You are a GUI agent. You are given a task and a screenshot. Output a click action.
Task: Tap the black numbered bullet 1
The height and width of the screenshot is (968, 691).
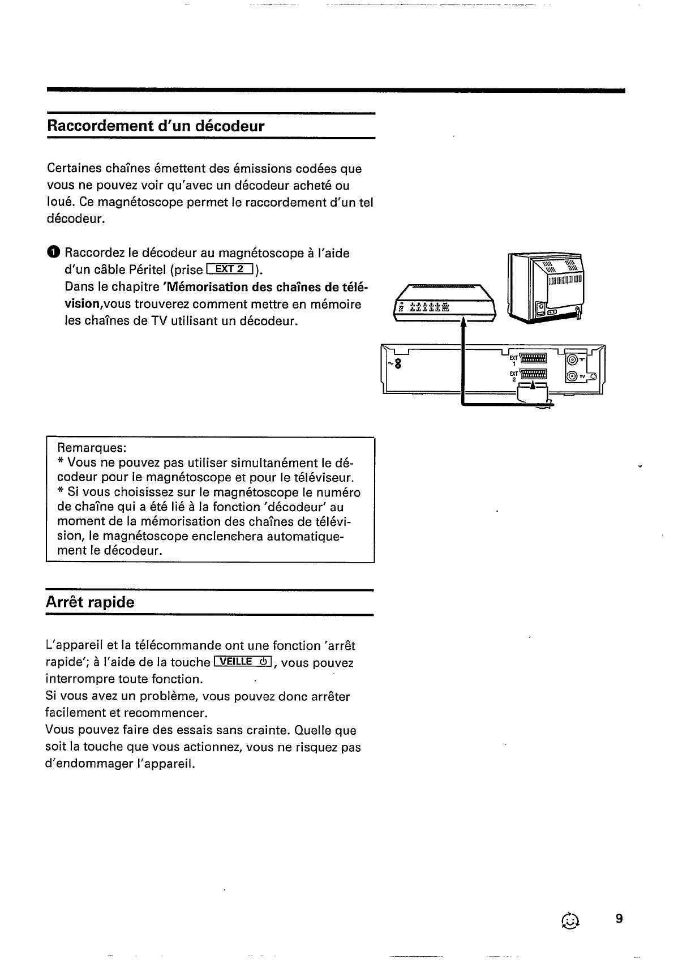click(x=52, y=252)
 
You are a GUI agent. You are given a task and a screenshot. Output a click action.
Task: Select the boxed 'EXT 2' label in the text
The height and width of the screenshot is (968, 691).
click(x=233, y=269)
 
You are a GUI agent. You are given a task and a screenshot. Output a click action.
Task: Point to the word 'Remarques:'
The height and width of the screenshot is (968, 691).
click(x=88, y=448)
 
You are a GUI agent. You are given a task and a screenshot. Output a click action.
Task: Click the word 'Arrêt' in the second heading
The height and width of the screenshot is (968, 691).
click(x=65, y=602)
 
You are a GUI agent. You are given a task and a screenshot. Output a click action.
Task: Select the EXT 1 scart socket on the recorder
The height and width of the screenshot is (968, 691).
click(x=532, y=358)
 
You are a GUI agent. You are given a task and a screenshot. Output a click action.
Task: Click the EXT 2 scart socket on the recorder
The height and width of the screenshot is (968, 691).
click(x=532, y=374)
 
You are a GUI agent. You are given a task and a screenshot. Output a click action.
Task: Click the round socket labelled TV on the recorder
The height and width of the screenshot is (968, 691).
click(x=573, y=376)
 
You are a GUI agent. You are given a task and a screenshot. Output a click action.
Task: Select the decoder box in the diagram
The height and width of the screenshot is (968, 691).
click(x=445, y=303)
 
